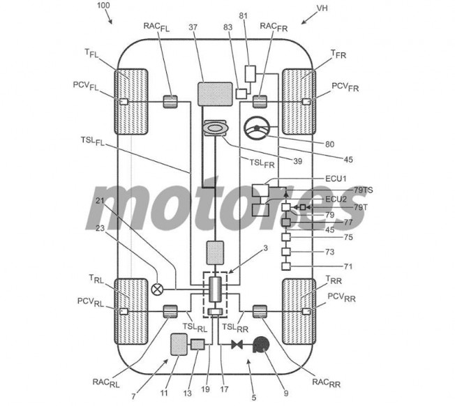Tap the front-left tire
(x=131, y=102)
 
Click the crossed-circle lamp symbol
(x=157, y=289)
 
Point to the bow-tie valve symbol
(x=237, y=345)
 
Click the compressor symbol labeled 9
(x=261, y=345)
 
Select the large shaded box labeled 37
(x=215, y=94)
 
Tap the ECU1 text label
(x=336, y=179)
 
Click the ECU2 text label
(x=336, y=200)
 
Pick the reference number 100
(x=103, y=5)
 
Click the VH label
(x=322, y=8)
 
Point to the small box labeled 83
(x=241, y=93)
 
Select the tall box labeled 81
(x=251, y=74)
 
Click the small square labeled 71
(x=286, y=266)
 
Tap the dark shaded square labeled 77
(x=286, y=223)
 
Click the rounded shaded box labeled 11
(x=179, y=344)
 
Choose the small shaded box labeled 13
(x=197, y=345)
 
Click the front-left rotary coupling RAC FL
(x=170, y=102)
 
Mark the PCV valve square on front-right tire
(x=306, y=102)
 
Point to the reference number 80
(x=329, y=144)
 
